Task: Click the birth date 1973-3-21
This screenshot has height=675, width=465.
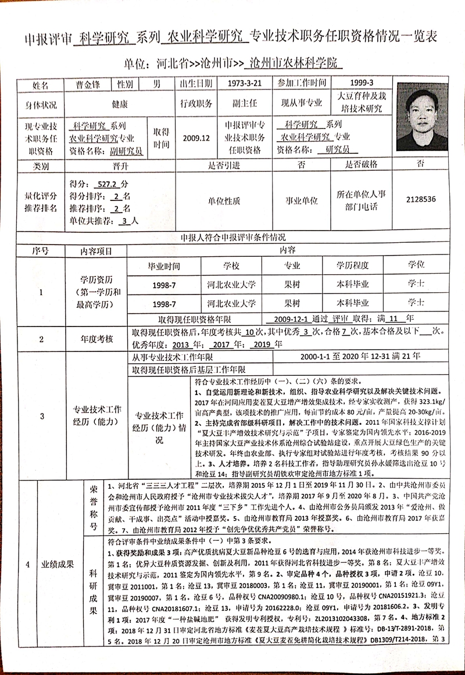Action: pyautogui.click(x=245, y=83)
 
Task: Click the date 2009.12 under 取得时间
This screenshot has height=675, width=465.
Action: pyautogui.click(x=196, y=138)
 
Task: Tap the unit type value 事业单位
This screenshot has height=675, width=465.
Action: pyautogui.click(x=301, y=200)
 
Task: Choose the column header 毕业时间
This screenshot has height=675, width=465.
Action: pyautogui.click(x=164, y=266)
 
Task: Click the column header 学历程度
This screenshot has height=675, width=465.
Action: pyautogui.click(x=353, y=266)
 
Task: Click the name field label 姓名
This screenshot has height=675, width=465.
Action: pyautogui.click(x=41, y=84)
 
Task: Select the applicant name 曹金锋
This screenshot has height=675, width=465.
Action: pyautogui.click(x=88, y=84)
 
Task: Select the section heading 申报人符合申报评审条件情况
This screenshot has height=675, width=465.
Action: pyautogui.click(x=233, y=238)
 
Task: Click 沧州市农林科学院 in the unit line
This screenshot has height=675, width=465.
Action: pyautogui.click(x=296, y=62)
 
